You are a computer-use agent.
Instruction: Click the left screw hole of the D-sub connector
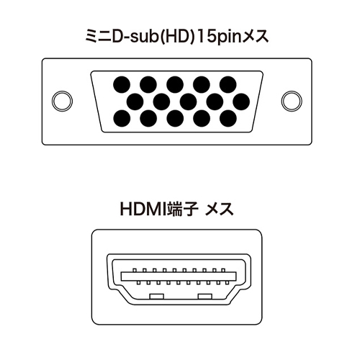pyautogui.click(x=62, y=101)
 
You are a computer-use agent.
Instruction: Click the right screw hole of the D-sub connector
pyautogui.click(x=292, y=101)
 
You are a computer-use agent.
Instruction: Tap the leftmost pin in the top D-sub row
pyautogui.click(x=122, y=85)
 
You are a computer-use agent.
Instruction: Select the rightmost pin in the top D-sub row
pyautogui.click(x=228, y=85)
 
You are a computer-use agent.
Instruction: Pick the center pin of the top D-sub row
pyautogui.click(x=175, y=85)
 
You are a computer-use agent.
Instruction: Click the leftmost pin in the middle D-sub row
pyautogui.click(x=135, y=102)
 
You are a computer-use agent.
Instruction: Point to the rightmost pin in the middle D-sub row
pyautogui.click(x=241, y=102)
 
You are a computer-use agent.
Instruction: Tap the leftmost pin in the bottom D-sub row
pyautogui.click(x=122, y=119)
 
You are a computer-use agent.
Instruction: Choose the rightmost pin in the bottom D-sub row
pyautogui.click(x=228, y=119)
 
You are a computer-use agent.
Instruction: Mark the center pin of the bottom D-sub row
pyautogui.click(x=175, y=119)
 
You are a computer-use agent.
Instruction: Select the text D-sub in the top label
pyautogui.click(x=135, y=37)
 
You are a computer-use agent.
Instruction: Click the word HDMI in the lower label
pyautogui.click(x=144, y=209)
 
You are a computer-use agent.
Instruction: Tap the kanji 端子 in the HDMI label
pyautogui.click(x=184, y=210)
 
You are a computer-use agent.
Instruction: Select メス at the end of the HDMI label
pyautogui.click(x=220, y=210)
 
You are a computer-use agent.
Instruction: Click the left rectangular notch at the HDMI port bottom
pyautogui.click(x=157, y=297)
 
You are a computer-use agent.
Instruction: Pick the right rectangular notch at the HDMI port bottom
pyautogui.click(x=205, y=297)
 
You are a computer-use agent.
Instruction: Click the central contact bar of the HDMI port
pyautogui.click(x=179, y=276)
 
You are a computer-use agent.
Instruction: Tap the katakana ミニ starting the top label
pyautogui.click(x=99, y=37)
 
